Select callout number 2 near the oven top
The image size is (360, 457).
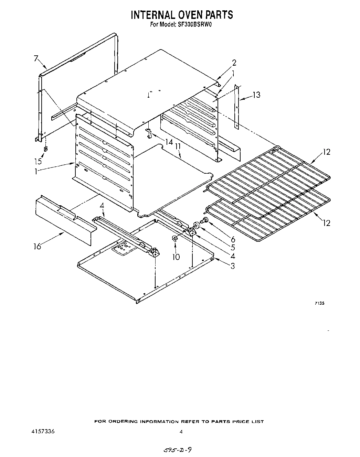234,63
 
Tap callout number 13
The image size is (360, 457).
256,95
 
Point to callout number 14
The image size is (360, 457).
169,142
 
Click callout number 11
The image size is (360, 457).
178,147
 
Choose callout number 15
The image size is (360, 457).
38,161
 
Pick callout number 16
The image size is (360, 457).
37,246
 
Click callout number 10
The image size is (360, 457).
176,257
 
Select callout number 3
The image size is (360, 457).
233,266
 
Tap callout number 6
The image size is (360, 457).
233,239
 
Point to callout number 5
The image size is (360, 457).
233,247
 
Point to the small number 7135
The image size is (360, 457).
319,303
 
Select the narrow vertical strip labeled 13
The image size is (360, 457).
237,107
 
